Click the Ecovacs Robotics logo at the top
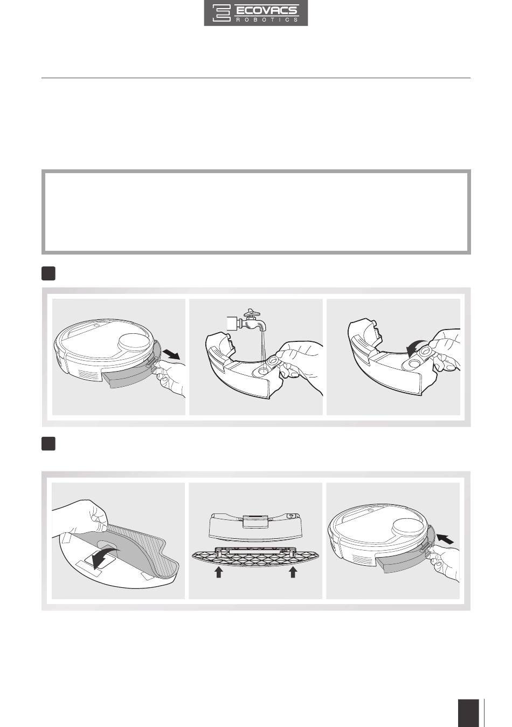256,13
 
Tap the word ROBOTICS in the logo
267,20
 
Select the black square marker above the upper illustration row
49,273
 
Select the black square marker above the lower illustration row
49,444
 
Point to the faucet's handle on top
253,312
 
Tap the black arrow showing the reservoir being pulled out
171,354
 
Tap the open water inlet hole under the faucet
262,369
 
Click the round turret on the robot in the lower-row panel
408,525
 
